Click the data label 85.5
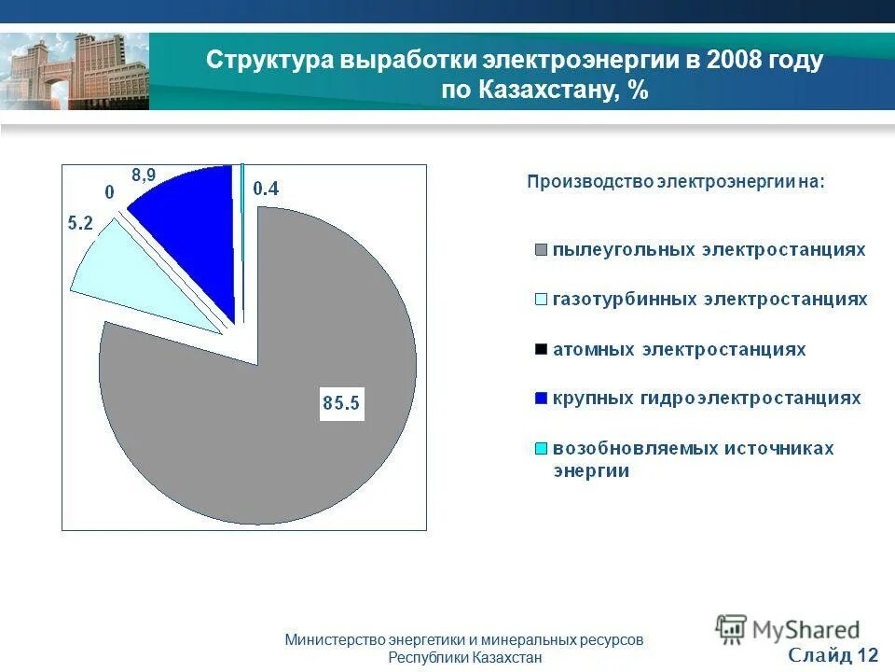(341, 404)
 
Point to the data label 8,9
(144, 174)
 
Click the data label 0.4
(266, 189)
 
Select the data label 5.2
(79, 223)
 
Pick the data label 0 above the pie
(109, 192)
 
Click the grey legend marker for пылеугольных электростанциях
(540, 250)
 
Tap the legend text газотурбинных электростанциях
(709, 300)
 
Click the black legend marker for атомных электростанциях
(540, 350)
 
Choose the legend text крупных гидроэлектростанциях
(706, 399)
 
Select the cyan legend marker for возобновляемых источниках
(540, 449)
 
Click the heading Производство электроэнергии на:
(676, 181)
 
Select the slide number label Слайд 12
(833, 654)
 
